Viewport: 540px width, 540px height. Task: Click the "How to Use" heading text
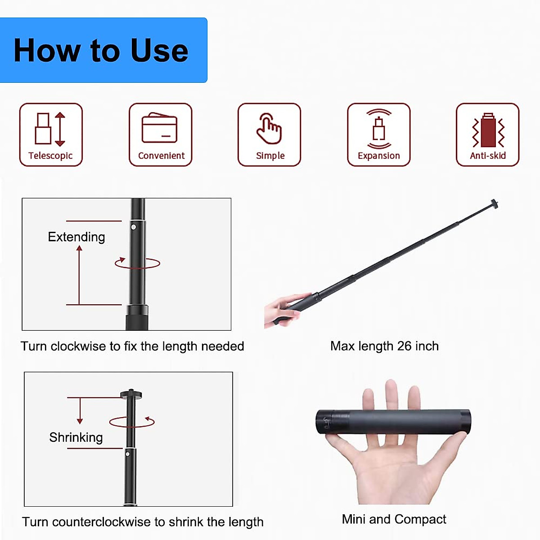(101, 50)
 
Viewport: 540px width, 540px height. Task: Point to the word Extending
(76, 237)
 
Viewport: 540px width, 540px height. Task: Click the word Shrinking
(76, 437)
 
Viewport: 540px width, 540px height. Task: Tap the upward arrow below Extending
(79, 274)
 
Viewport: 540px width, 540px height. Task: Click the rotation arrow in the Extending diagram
(137, 263)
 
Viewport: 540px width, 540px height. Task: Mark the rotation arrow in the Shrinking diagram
(132, 422)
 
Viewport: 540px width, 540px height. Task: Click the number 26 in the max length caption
(404, 346)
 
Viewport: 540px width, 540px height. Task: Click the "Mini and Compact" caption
(394, 519)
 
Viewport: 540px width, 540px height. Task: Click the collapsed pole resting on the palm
(393, 422)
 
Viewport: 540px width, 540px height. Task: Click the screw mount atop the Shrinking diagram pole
(131, 394)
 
